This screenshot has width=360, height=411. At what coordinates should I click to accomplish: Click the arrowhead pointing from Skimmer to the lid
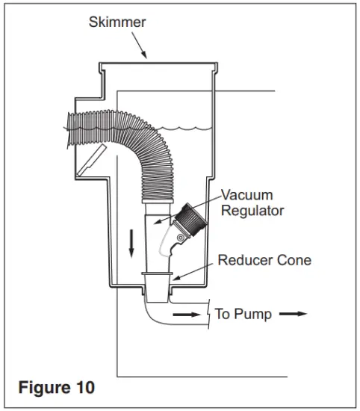(x=146, y=57)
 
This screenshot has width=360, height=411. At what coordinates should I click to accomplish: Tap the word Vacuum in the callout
(x=246, y=195)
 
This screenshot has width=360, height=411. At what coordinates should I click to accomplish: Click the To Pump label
(x=243, y=314)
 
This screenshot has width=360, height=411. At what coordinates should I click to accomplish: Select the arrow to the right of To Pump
(x=293, y=314)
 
